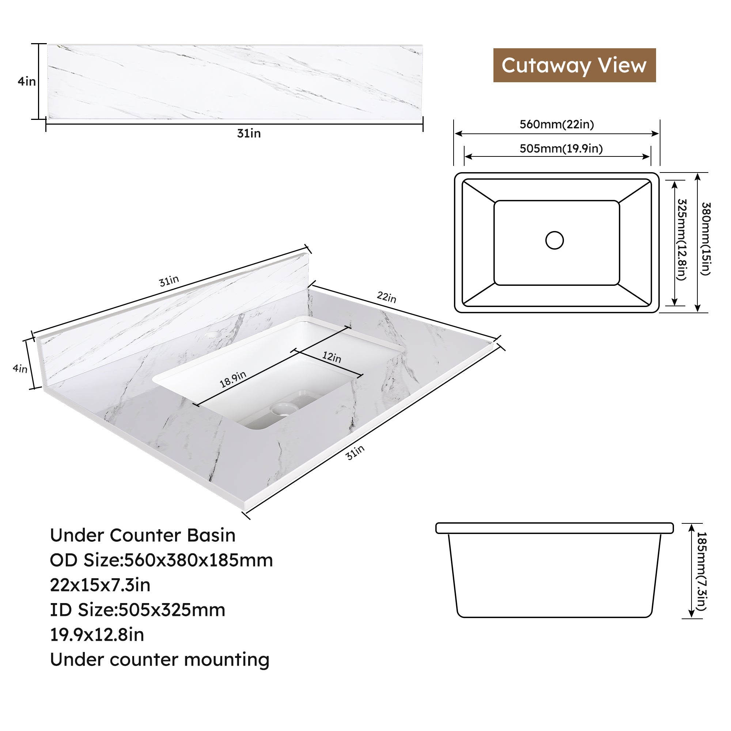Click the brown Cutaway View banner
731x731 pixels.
[x=574, y=65]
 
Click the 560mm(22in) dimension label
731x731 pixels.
[x=557, y=125]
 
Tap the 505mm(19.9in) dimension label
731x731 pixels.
[x=561, y=148]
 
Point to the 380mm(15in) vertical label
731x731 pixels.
[x=706, y=239]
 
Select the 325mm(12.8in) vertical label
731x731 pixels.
[x=681, y=239]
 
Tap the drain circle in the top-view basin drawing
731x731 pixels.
[x=555, y=240]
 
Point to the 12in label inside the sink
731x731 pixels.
[x=332, y=357]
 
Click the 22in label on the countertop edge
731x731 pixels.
[x=387, y=297]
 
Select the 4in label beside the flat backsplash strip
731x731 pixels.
[x=26, y=81]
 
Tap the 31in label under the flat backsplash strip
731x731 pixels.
[x=249, y=133]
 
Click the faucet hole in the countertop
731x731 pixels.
[x=213, y=335]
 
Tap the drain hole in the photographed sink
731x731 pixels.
[x=284, y=409]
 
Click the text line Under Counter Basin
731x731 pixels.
[x=143, y=535]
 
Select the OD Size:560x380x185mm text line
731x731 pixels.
[x=162, y=560]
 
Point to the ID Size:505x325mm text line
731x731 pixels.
[x=138, y=610]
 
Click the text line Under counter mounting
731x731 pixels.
[x=160, y=659]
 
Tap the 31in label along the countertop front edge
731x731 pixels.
[x=355, y=452]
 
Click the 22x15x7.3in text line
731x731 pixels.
[x=100, y=585]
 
